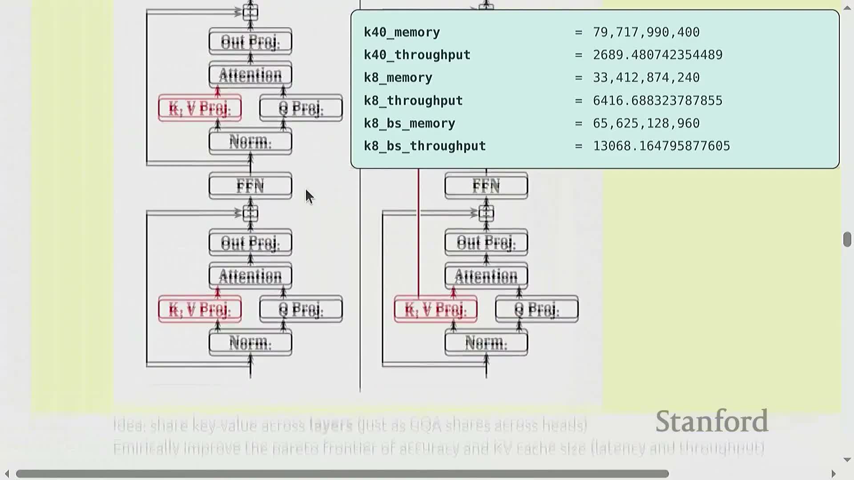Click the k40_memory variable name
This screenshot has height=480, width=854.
pos(402,32)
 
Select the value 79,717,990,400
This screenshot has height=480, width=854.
pos(646,32)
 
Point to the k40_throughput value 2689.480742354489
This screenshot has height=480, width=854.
pos(657,55)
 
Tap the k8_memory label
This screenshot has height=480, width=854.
pos(398,78)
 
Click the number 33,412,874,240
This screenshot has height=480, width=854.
pos(646,78)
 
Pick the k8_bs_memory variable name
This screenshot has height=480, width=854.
pos(409,124)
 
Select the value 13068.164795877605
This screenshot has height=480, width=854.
pos(661,146)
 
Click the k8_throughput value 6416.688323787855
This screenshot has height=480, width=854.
pos(657,101)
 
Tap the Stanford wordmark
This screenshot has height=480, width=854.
pos(712,421)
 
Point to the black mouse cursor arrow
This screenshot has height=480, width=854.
pos(309,196)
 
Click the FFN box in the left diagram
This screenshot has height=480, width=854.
pos(250,186)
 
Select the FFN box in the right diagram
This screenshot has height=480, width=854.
pos(486,186)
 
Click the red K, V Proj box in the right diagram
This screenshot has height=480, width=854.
pos(435,309)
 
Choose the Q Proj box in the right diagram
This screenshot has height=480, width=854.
pos(536,309)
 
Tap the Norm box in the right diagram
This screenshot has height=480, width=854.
pos(486,343)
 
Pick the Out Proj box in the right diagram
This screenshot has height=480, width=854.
pos(486,242)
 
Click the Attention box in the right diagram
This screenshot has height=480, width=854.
pos(486,276)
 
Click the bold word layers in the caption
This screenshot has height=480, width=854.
pos(331,425)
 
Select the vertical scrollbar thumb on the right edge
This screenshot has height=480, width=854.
pos(847,239)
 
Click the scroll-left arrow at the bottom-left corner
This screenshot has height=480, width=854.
pos(7,474)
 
